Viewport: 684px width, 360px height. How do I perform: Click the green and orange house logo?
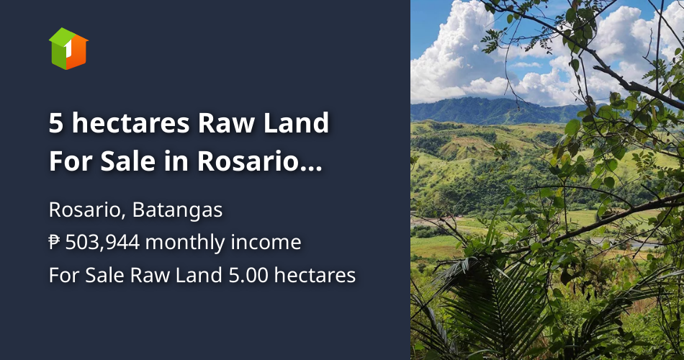click(68, 48)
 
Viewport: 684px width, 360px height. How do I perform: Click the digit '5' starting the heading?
click(56, 123)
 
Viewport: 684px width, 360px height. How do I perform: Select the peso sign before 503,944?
click(55, 243)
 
